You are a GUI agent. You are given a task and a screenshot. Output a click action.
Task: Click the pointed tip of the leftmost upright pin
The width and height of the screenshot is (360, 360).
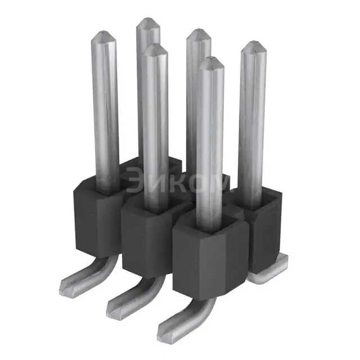pos(103,31)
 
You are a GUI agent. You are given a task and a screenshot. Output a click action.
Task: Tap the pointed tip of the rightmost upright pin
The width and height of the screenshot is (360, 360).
pos(253,42)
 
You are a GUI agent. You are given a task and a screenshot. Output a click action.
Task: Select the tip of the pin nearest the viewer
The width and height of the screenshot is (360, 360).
pos(211,57)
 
